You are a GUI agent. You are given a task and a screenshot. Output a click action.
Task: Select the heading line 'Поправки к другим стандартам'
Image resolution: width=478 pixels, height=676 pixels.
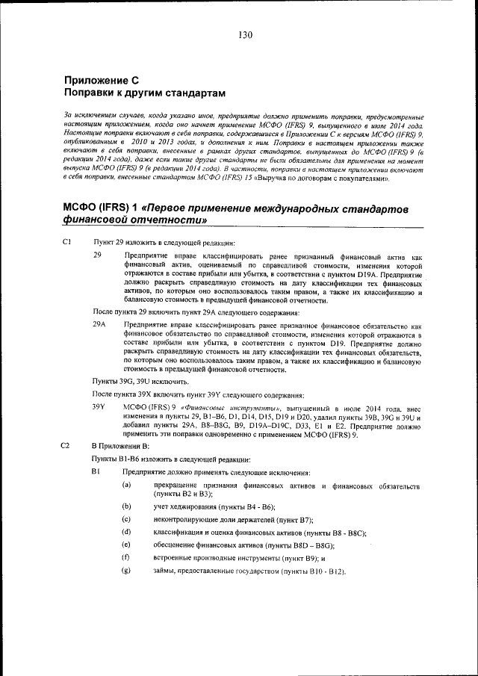coord(144,93)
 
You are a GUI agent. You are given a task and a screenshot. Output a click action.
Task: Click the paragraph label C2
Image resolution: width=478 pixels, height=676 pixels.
coord(67,445)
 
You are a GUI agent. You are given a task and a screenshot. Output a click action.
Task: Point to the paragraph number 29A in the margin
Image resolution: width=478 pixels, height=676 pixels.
coord(99,326)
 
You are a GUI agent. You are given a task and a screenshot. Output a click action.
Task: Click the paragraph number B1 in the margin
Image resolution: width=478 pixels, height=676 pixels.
coord(96,473)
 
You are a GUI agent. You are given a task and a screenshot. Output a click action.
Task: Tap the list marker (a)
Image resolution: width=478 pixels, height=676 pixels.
coord(127,486)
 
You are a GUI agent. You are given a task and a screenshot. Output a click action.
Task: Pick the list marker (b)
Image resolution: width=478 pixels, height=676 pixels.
coord(127,506)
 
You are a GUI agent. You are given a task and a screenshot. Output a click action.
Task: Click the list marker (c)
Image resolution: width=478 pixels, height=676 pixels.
coord(127,519)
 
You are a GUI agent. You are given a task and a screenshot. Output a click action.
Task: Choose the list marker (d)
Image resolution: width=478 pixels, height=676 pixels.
coord(127,532)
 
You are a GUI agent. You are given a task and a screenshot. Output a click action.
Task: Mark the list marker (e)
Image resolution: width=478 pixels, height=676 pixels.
coord(127,545)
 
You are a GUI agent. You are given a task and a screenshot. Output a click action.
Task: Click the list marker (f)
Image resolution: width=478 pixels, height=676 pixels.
coord(127,558)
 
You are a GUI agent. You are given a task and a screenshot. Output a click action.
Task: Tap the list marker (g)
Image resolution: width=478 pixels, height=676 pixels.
coord(127,571)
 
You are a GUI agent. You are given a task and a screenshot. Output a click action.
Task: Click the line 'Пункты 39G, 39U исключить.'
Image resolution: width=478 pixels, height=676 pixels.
coord(135,381)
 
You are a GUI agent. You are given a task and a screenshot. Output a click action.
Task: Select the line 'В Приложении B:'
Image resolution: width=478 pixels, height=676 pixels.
coord(120,446)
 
